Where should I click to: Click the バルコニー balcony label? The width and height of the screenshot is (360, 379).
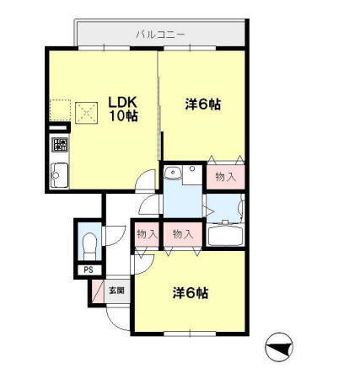click(160, 35)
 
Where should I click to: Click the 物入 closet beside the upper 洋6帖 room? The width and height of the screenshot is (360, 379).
click(226, 177)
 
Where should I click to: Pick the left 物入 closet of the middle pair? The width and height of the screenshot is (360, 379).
click(146, 233)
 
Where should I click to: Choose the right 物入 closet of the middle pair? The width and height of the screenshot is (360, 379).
click(182, 233)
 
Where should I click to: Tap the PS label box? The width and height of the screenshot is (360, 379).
click(88, 270)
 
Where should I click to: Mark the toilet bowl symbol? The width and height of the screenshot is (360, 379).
click(89, 245)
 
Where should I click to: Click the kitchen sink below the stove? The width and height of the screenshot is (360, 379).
click(60, 174)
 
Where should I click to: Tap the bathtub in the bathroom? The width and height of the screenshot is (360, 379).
click(225, 235)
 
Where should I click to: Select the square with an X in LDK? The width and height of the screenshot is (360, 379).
click(85, 110)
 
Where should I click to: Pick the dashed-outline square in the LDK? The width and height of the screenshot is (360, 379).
click(59, 110)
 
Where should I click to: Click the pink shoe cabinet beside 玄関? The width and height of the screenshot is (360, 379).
click(97, 291)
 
